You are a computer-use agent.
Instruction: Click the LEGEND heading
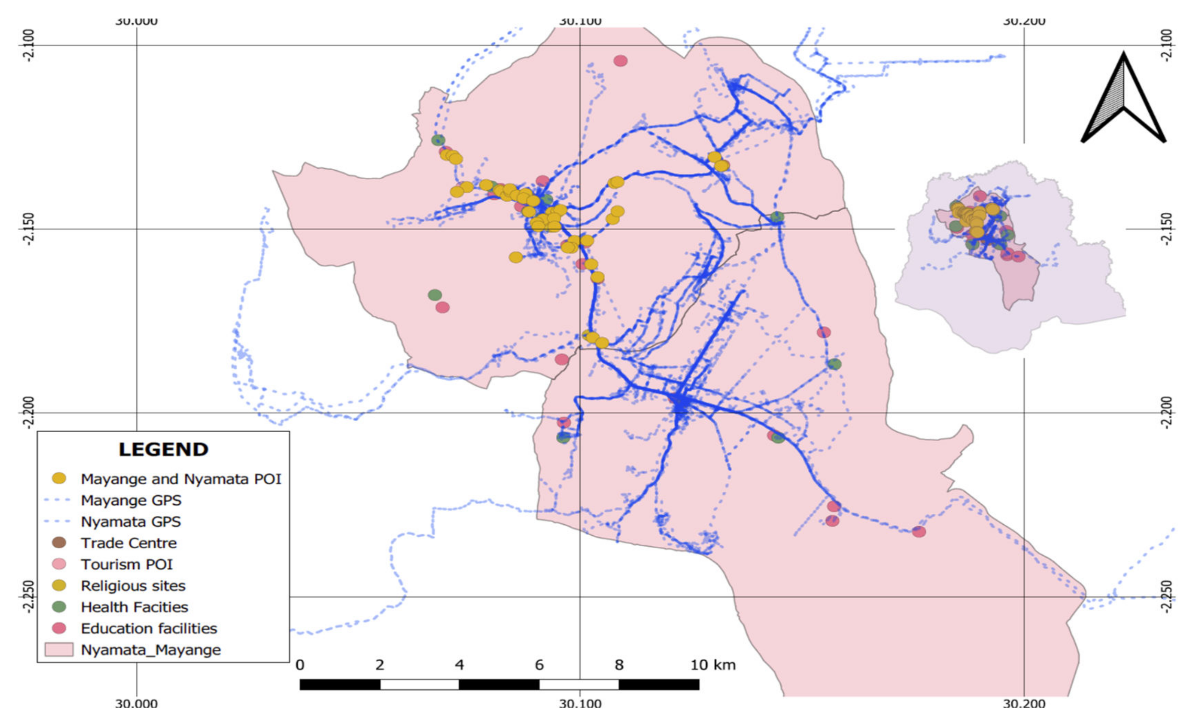[x=164, y=449]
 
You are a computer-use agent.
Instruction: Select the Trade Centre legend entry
[x=128, y=543]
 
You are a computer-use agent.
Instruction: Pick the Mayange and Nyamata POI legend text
[x=181, y=479]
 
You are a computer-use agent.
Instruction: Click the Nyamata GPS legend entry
[x=131, y=522]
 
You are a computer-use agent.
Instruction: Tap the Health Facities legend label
[x=134, y=607]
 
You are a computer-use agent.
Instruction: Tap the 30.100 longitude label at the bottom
[x=580, y=703]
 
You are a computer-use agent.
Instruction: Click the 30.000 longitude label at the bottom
[x=136, y=703]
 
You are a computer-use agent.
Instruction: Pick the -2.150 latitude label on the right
[x=1167, y=229]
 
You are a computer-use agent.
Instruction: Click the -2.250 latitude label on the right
[x=1167, y=597]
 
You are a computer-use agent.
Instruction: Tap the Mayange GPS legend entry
[x=131, y=500]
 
